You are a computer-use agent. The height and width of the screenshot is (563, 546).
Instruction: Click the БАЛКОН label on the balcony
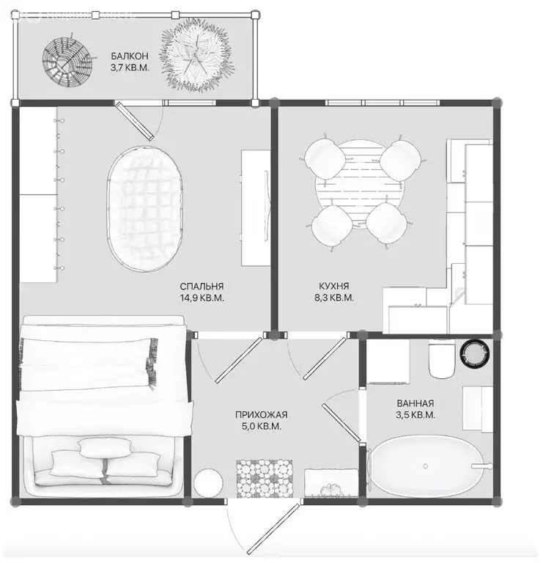(x=129, y=56)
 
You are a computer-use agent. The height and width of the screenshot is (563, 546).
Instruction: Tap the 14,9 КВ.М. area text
(x=202, y=298)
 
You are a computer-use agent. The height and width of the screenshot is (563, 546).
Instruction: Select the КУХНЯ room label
(x=334, y=286)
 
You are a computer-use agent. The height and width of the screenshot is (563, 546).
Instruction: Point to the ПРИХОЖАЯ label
(x=262, y=415)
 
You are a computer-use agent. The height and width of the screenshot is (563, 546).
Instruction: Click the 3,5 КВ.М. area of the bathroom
(x=416, y=415)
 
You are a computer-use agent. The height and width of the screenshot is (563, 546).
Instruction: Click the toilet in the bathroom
(x=442, y=360)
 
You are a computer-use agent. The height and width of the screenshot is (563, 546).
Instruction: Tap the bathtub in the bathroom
(x=427, y=466)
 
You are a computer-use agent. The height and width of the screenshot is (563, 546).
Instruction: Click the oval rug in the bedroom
(x=144, y=209)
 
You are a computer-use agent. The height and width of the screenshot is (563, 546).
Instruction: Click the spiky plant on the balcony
(x=196, y=56)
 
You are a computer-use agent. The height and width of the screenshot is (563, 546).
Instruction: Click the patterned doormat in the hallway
(x=265, y=478)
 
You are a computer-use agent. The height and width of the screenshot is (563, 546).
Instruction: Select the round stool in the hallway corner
(x=208, y=483)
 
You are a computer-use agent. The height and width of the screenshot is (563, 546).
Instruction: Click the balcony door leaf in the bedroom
(x=134, y=121)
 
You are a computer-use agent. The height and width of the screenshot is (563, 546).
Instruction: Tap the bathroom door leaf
(x=341, y=423)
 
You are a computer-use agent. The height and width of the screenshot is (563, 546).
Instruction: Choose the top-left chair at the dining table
(x=325, y=159)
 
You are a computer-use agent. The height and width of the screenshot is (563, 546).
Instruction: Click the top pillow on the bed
(x=105, y=447)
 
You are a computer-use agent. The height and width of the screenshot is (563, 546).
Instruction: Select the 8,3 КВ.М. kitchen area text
(x=334, y=298)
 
